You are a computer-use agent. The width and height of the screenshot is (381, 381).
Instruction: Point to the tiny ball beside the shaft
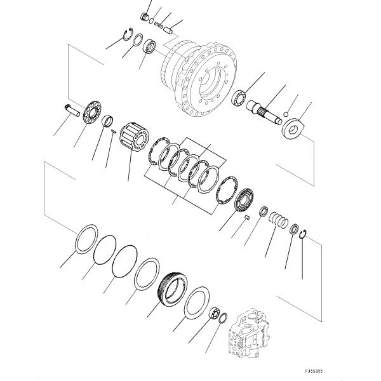coord(286,114)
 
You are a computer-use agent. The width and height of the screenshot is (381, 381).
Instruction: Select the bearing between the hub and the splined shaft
coord(240,98)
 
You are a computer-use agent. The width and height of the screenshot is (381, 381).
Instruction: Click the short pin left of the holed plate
coord(70,109)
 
